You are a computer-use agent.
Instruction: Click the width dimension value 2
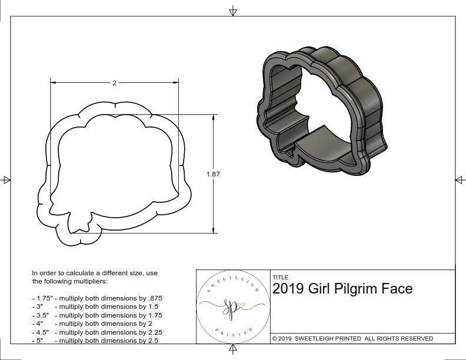(x=114, y=83)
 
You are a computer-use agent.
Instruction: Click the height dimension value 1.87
(x=213, y=174)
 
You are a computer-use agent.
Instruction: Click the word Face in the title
(x=397, y=289)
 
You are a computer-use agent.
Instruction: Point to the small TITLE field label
(x=280, y=277)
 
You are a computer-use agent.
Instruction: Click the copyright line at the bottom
(x=352, y=338)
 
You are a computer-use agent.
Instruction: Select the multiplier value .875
(x=152, y=298)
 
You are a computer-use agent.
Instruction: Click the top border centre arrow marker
(x=233, y=11)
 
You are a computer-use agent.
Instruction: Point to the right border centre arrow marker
(x=459, y=179)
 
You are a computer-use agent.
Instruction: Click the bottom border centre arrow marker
(x=233, y=351)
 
